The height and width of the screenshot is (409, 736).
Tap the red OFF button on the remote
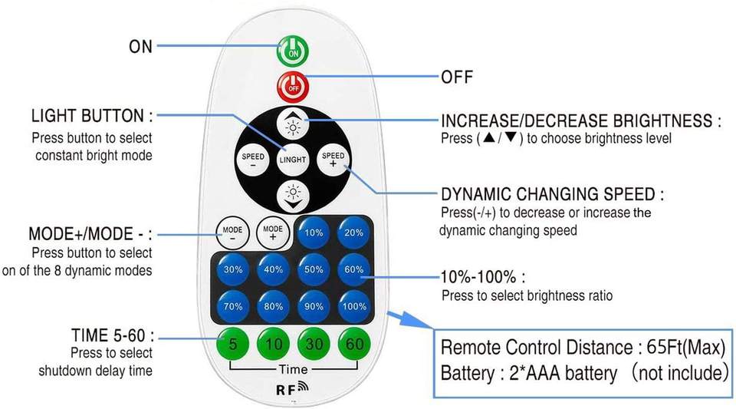[x=293, y=87]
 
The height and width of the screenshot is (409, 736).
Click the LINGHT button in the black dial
[x=292, y=159]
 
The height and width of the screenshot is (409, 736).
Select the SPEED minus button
[x=252, y=160]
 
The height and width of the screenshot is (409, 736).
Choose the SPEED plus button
[x=333, y=159]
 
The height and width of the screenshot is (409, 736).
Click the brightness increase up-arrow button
[x=293, y=124]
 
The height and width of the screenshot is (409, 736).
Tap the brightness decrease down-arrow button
[x=293, y=196]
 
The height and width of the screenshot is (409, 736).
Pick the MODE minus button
[x=232, y=233]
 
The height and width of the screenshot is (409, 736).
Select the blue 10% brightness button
[x=314, y=233]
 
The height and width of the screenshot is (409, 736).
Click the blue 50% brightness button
[x=314, y=269]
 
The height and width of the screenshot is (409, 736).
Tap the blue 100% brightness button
[x=354, y=307]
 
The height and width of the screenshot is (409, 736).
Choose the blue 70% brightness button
[x=233, y=307]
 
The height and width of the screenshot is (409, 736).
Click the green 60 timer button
[x=354, y=345]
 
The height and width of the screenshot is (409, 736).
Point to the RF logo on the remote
[x=292, y=388]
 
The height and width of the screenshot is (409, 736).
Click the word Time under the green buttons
[x=293, y=369]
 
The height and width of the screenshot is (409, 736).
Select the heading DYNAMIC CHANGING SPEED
[x=553, y=194]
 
